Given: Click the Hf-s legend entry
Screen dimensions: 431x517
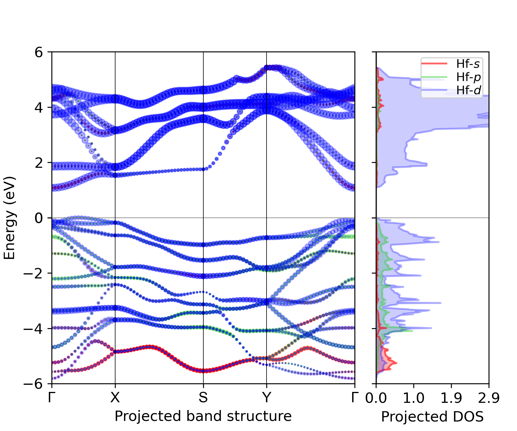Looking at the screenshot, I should pyautogui.click(x=468, y=64).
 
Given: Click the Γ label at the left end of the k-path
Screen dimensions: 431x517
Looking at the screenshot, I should pyautogui.click(x=51, y=397).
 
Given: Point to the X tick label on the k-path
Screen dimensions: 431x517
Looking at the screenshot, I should pyautogui.click(x=115, y=397).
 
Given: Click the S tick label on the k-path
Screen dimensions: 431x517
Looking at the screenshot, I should pyautogui.click(x=203, y=397).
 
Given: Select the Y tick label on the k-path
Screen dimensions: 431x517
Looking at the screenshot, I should pyautogui.click(x=267, y=397).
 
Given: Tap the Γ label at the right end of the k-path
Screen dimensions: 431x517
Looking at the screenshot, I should pyautogui.click(x=355, y=397).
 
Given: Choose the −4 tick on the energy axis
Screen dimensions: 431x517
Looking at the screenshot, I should pyautogui.click(x=33, y=328).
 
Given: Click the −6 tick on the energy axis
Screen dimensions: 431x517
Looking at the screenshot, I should pyautogui.click(x=33, y=384).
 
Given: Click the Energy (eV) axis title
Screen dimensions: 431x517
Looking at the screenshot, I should pyautogui.click(x=9, y=218).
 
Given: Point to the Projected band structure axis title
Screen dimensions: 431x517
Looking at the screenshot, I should pyautogui.click(x=203, y=416).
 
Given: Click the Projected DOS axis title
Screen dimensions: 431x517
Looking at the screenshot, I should pyautogui.click(x=432, y=416).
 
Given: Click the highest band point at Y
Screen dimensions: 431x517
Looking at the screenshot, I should pyautogui.click(x=267, y=68).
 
